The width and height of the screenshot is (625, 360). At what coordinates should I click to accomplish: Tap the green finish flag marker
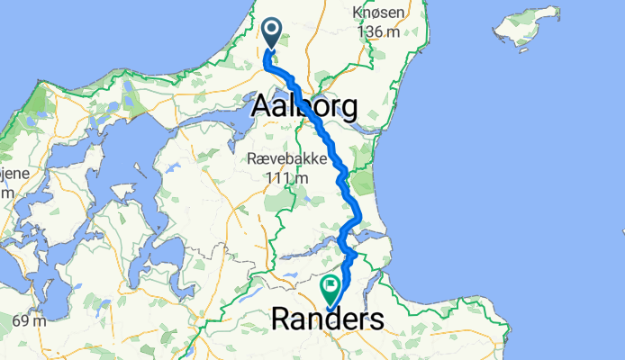click(331, 288)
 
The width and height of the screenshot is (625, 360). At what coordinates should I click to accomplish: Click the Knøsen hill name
click(378, 14)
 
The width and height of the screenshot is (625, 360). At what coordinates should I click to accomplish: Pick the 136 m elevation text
click(378, 31)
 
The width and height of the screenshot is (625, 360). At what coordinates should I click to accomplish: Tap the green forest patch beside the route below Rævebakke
click(361, 184)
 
